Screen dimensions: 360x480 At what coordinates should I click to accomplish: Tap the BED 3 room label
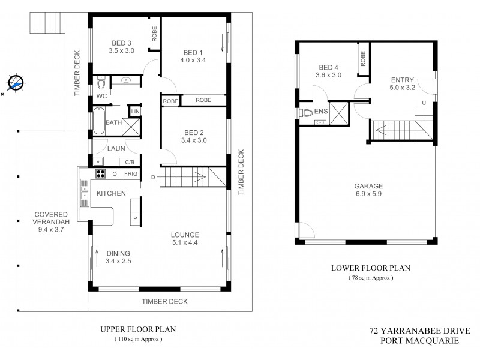tap(121, 42)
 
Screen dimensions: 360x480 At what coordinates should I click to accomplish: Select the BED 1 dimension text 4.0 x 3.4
tap(193, 59)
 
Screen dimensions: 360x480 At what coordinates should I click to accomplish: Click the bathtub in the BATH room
tap(98, 121)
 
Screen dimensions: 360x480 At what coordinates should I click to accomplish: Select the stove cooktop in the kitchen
tap(100, 174)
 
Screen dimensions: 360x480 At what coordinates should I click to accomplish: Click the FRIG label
tap(131, 174)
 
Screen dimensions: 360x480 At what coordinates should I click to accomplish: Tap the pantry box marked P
tap(135, 218)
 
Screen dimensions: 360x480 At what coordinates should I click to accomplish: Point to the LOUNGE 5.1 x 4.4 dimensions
tap(185, 242)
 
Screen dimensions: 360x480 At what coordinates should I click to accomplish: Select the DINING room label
tap(118, 253)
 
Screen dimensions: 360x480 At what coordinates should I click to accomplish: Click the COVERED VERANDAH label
tap(51, 218)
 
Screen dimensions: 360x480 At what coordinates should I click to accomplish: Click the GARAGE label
tap(368, 186)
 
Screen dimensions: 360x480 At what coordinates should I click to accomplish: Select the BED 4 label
tap(329, 67)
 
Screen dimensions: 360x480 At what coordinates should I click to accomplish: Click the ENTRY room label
tap(401, 80)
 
